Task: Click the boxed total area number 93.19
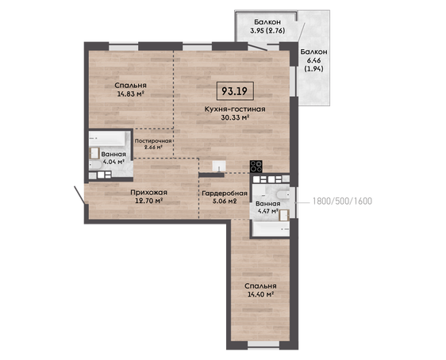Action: pyautogui.click(x=234, y=91)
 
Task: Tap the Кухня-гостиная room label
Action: pyautogui.click(x=235, y=109)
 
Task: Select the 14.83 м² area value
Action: pyautogui.click(x=130, y=94)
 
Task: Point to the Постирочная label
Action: pyautogui.click(x=153, y=141)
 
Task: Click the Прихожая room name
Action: pyautogui.click(x=148, y=193)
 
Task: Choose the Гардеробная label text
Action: pyautogui.click(x=225, y=193)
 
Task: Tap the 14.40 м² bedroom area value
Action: pyautogui.click(x=260, y=294)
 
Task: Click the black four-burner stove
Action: pyautogui.click(x=256, y=167)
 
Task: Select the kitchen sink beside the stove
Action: pyautogui.click(x=219, y=167)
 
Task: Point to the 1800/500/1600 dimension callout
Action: pyautogui.click(x=342, y=201)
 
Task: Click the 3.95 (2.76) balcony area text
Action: pyautogui.click(x=267, y=31)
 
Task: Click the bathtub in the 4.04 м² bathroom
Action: pyautogui.click(x=108, y=139)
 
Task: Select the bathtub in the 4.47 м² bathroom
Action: pyautogui.click(x=271, y=228)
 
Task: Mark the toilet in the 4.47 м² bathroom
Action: pyautogui.click(x=283, y=194)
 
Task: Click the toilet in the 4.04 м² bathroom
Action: pyautogui.click(x=95, y=166)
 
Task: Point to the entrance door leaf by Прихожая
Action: pyautogui.click(x=79, y=195)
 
